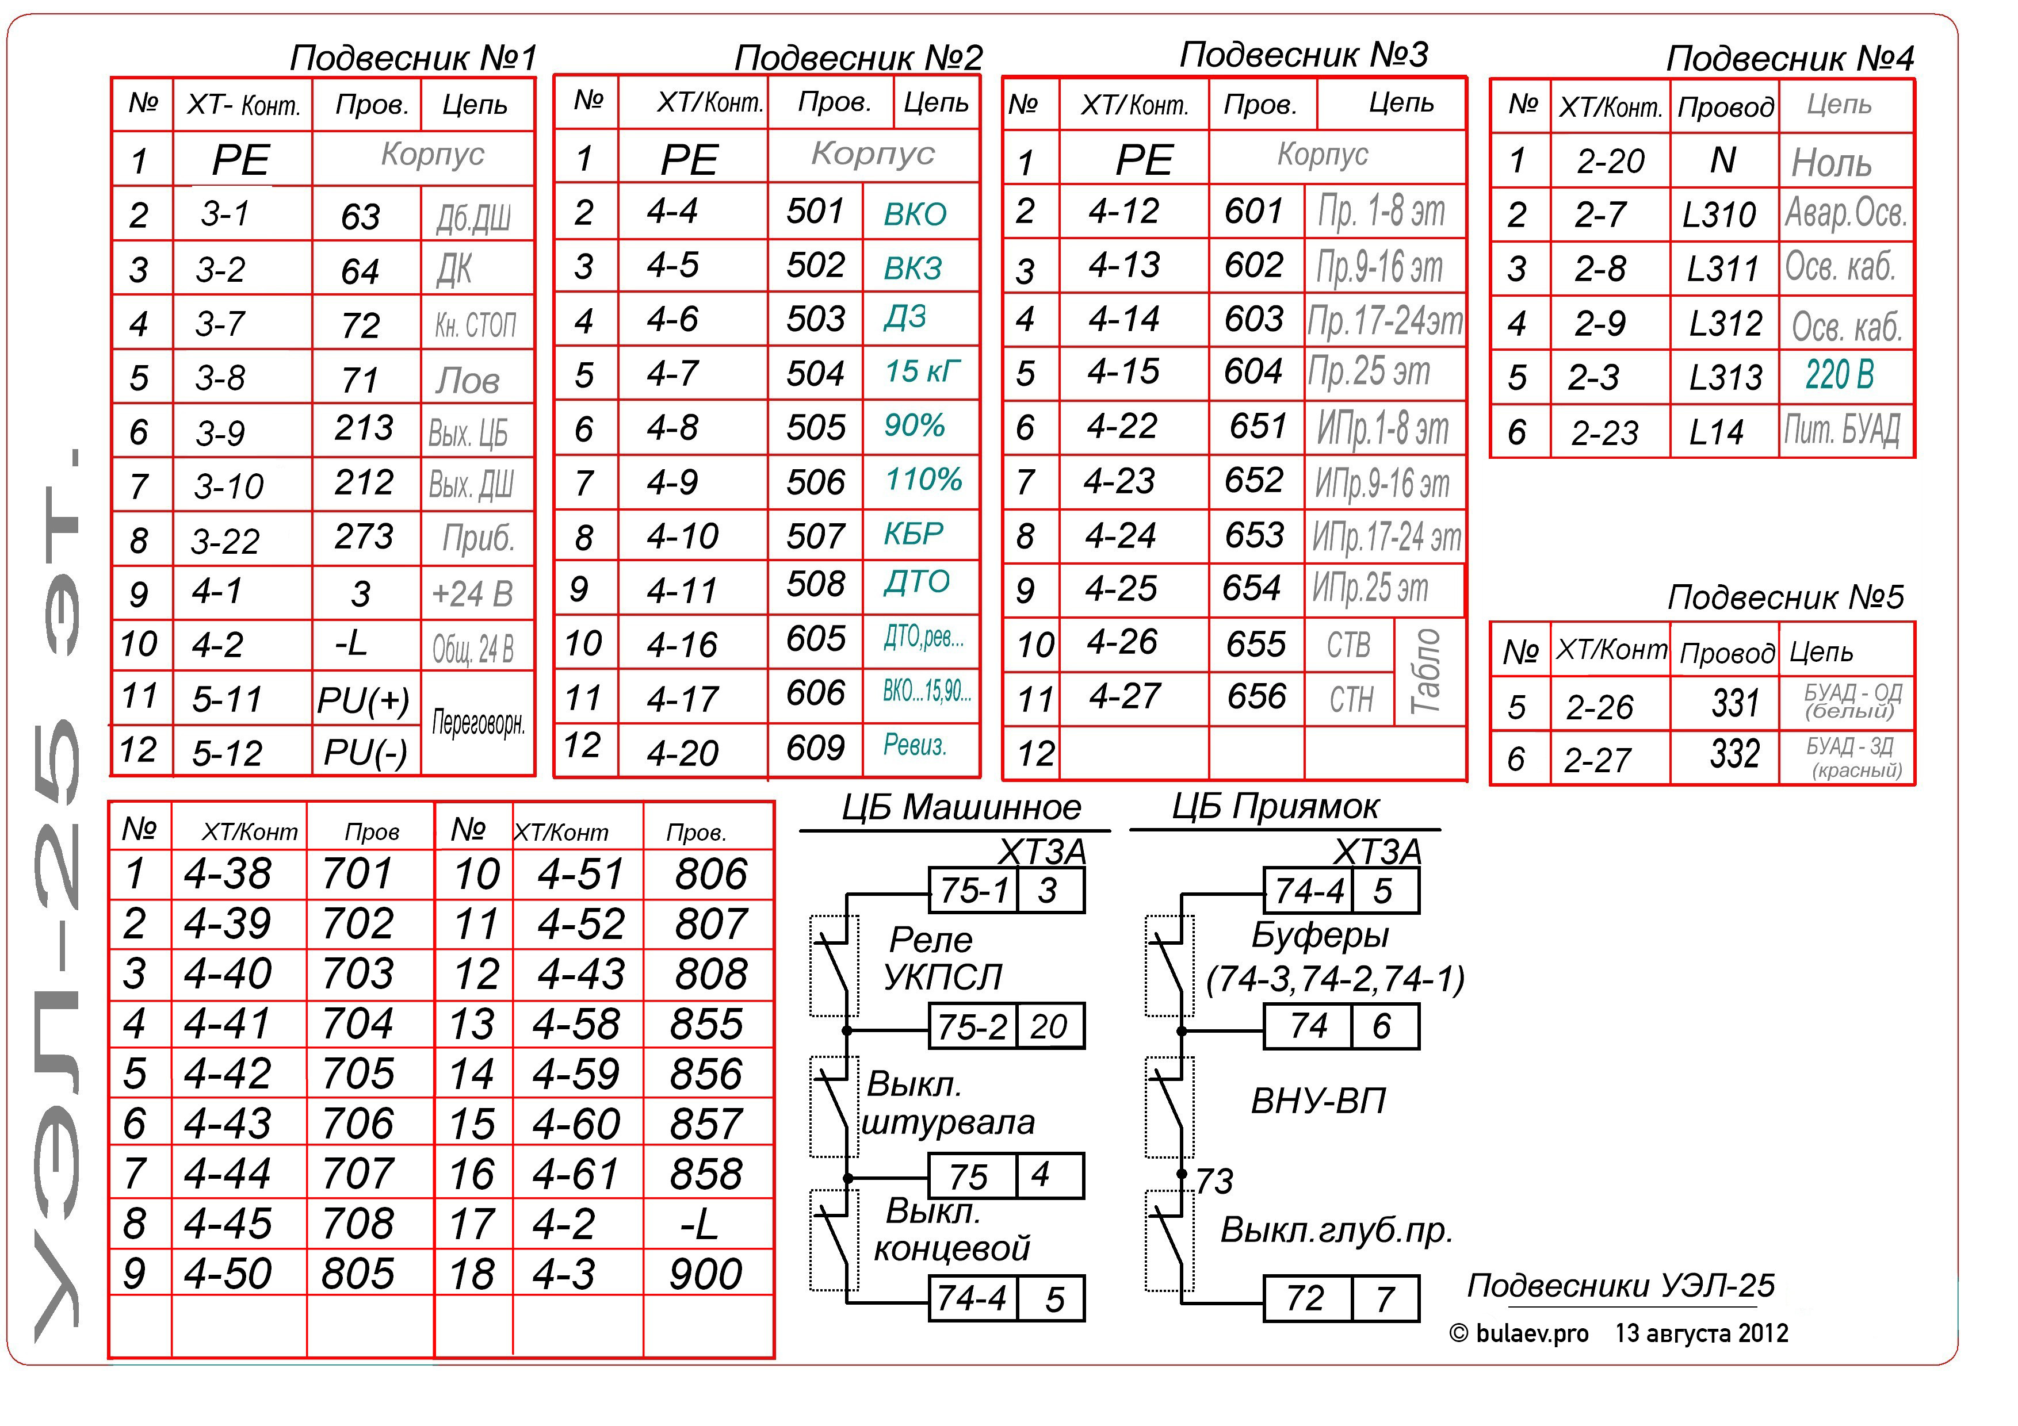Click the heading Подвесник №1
(x=413, y=58)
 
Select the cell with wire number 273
(x=364, y=537)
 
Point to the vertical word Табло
(x=1425, y=672)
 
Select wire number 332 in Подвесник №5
(x=1734, y=755)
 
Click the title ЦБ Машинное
(x=961, y=807)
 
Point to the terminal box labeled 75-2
(x=972, y=1026)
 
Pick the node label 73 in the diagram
(x=1214, y=1181)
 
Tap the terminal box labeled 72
(x=1305, y=1298)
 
